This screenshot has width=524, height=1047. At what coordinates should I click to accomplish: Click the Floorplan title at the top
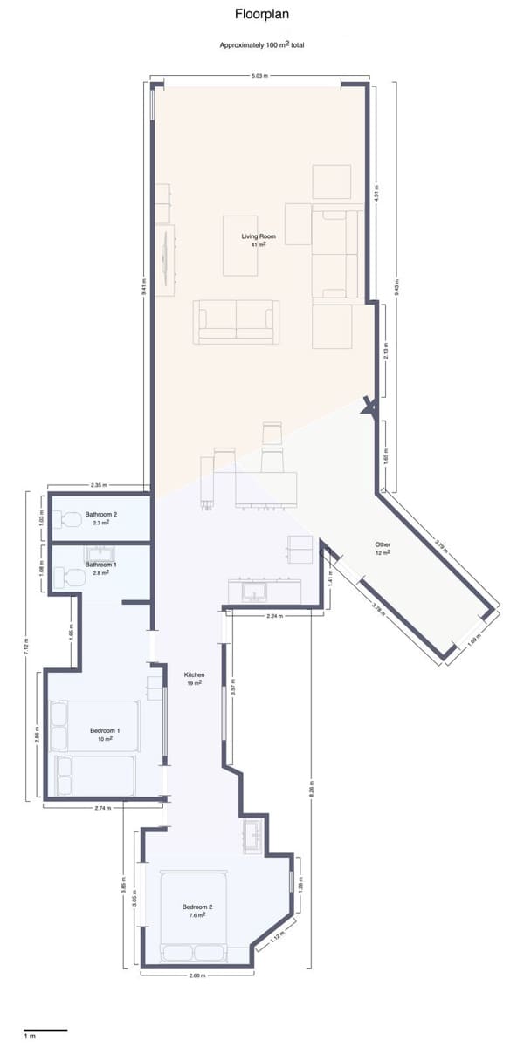click(262, 14)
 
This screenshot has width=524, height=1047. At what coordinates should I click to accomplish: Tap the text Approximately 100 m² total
click(262, 44)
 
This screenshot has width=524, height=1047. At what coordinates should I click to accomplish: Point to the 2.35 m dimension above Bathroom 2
click(99, 484)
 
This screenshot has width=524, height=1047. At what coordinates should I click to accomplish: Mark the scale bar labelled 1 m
click(45, 1030)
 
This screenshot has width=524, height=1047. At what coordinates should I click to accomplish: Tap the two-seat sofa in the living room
click(236, 320)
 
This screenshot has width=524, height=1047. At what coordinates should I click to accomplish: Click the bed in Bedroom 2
click(194, 916)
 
